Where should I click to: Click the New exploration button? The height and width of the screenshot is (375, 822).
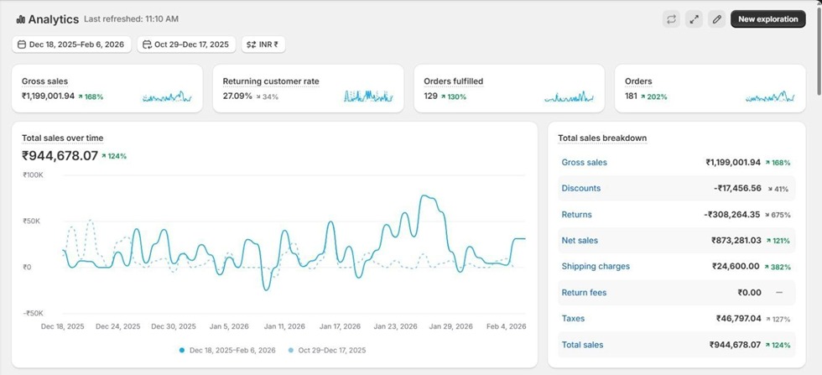[767, 19]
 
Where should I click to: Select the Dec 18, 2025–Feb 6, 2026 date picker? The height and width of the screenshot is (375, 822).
[72, 44]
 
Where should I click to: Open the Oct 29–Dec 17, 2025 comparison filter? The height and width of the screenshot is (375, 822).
[185, 44]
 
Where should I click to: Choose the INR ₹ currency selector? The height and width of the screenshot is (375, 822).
[263, 44]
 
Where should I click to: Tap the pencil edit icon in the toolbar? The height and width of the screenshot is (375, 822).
[716, 19]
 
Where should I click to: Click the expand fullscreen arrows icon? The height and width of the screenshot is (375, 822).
[694, 19]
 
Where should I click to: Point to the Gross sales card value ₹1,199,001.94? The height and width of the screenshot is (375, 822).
[49, 96]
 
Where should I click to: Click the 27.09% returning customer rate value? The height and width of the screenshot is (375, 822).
[237, 96]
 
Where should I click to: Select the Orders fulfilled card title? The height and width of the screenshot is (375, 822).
[453, 81]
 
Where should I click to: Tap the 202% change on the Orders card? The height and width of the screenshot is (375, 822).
[657, 96]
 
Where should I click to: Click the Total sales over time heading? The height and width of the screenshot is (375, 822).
[63, 138]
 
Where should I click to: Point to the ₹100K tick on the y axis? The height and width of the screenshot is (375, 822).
[33, 175]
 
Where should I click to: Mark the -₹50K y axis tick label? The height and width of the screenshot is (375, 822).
[33, 313]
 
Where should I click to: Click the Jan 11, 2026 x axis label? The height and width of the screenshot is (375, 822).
[285, 326]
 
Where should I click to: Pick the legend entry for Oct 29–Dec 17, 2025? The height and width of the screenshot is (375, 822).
[327, 350]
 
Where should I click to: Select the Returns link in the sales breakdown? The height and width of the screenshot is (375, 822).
[576, 215]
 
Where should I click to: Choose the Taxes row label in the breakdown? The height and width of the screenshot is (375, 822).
[574, 319]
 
